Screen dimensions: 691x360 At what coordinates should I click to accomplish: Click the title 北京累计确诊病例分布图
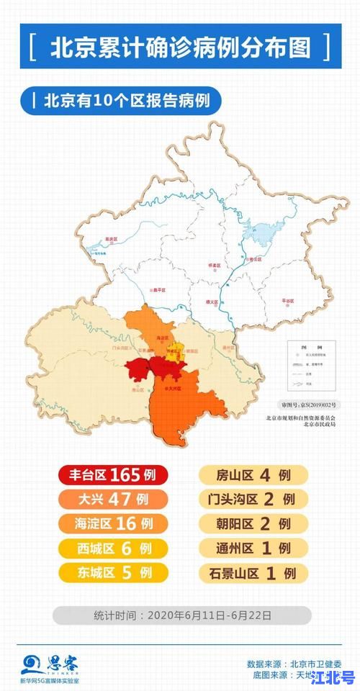(180, 47)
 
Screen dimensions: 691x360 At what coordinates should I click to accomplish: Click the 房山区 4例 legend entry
(253, 475)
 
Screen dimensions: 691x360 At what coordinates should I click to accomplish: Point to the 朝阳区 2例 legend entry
(253, 524)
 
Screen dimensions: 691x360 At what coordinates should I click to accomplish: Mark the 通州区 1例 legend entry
(253, 548)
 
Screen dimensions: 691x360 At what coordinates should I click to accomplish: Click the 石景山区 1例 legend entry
(253, 573)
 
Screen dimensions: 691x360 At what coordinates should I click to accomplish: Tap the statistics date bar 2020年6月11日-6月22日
(182, 615)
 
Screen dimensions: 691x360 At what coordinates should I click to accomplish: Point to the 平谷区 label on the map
(289, 303)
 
